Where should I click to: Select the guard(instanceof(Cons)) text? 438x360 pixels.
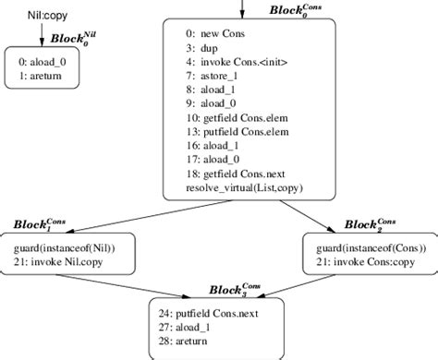coord(366,250)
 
